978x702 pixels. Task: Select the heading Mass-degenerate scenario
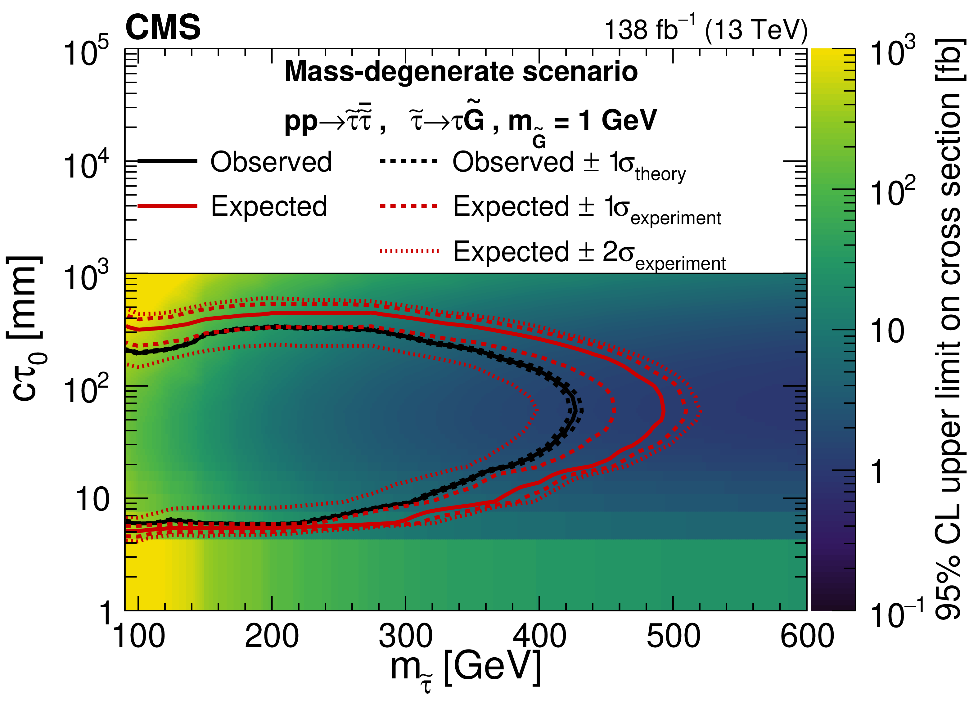[x=461, y=72]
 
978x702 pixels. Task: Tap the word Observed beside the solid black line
[x=271, y=162]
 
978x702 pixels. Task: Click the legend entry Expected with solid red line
[x=269, y=206]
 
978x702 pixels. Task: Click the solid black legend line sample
[x=167, y=161]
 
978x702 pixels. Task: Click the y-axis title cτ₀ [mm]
[x=27, y=328]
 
